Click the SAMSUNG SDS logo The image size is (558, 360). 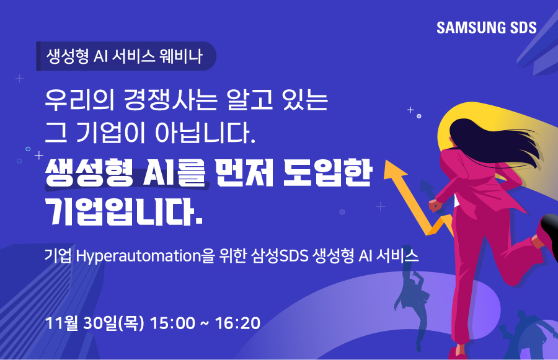tap(486, 28)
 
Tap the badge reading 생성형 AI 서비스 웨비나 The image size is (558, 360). tap(126, 56)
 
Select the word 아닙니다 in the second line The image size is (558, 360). tap(205, 133)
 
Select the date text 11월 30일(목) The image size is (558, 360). tap(95, 323)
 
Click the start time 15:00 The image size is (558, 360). tap(172, 323)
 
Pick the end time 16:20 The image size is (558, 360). tap(237, 323)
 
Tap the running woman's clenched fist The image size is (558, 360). tap(435, 205)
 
